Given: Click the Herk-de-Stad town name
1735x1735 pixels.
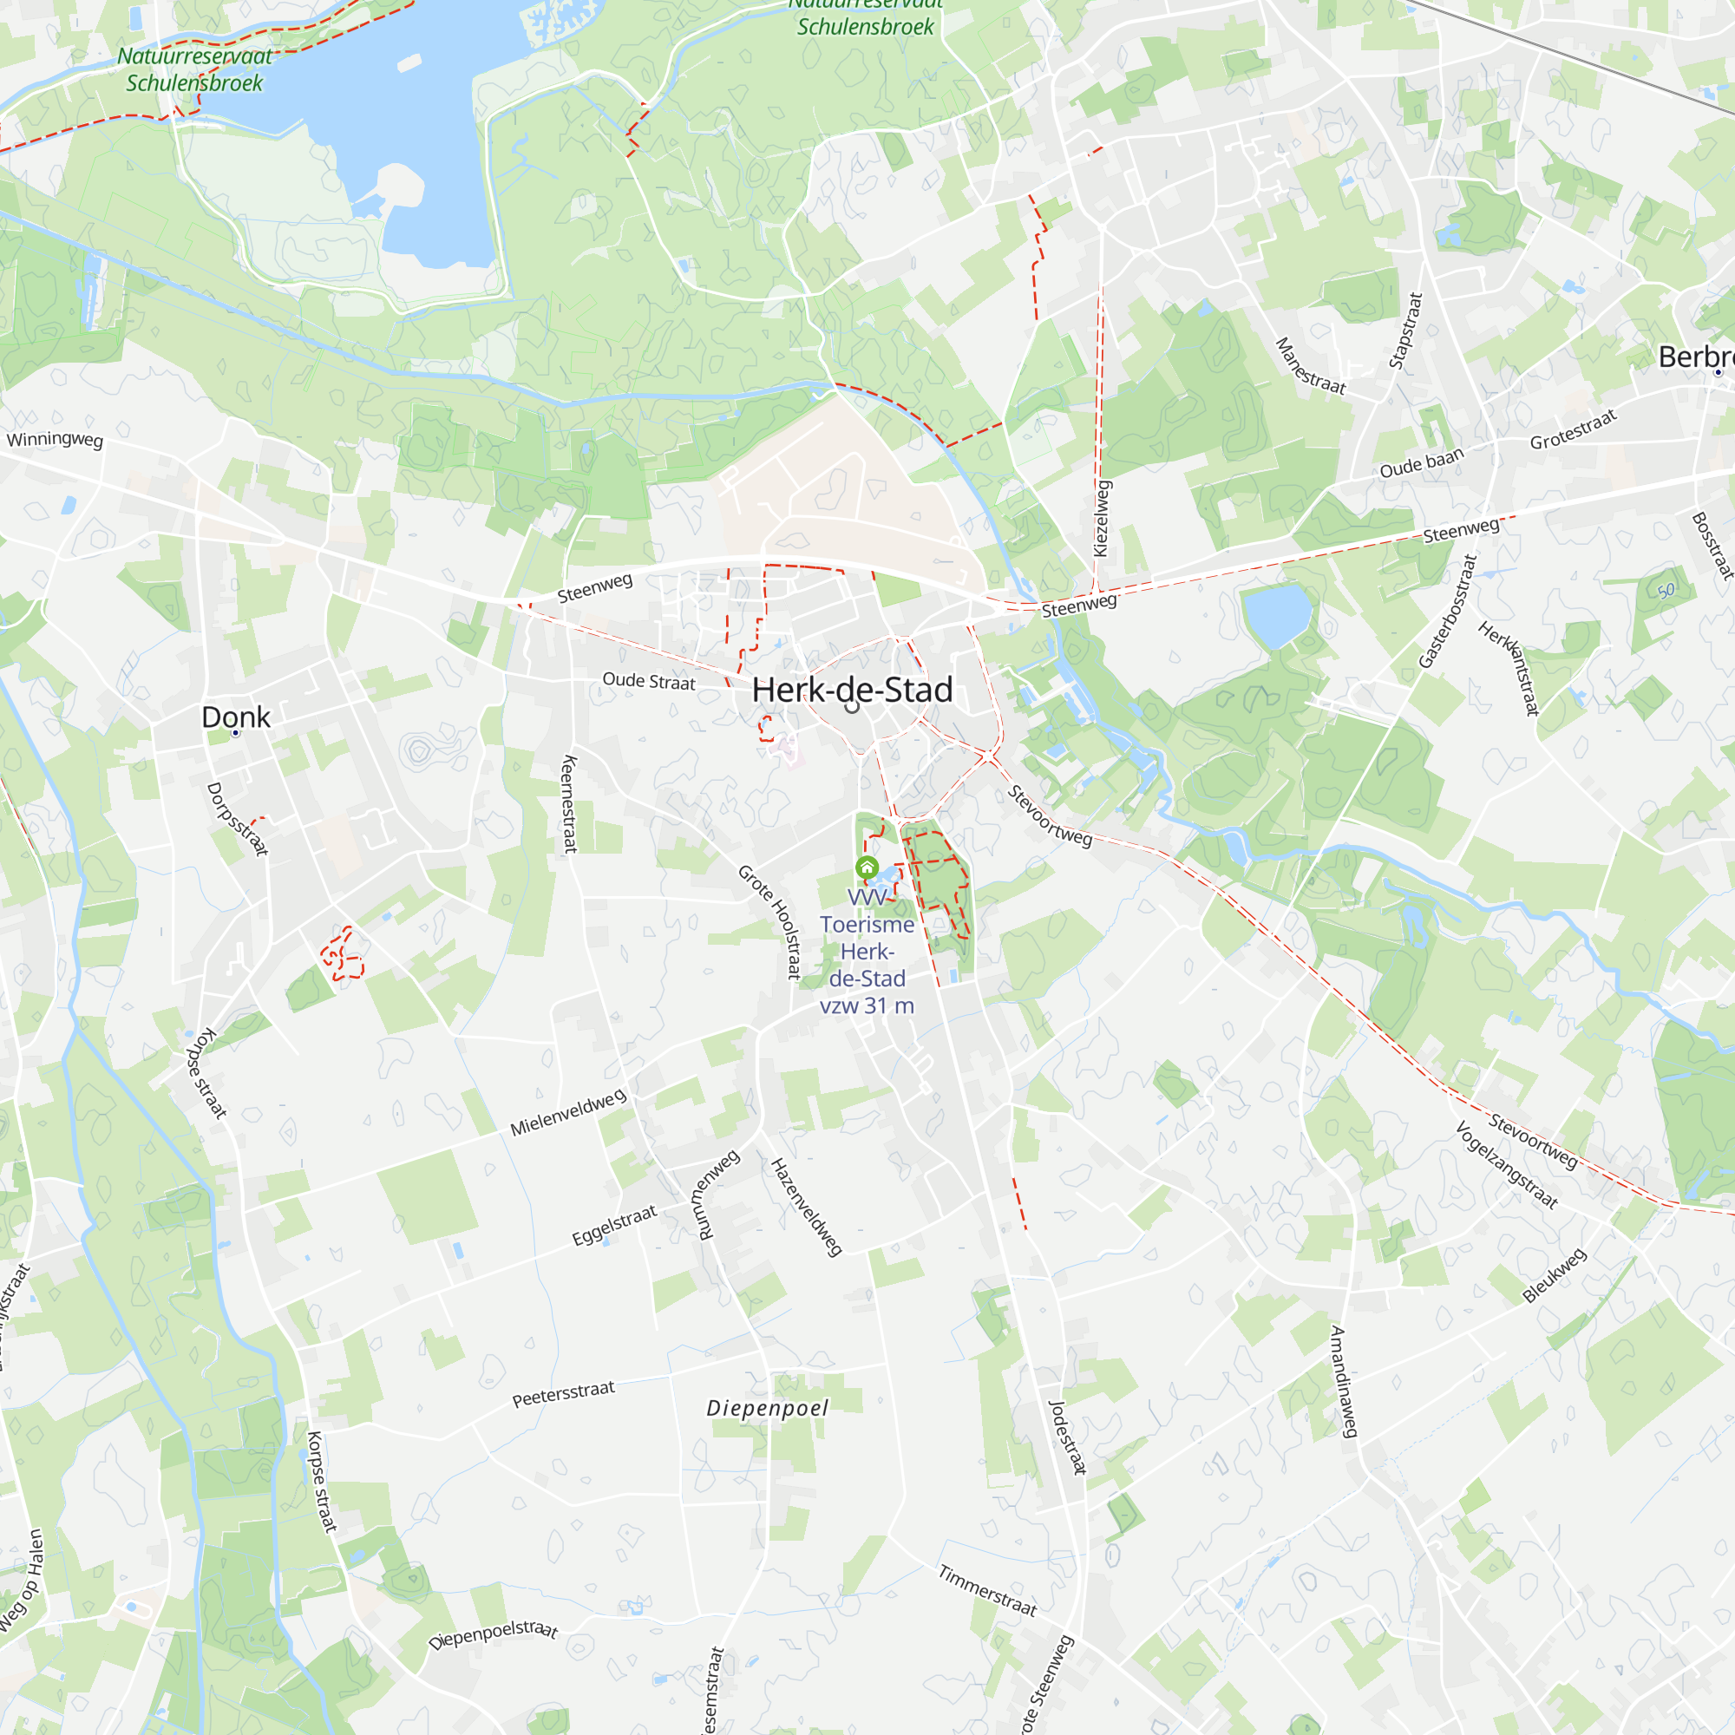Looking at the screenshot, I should (x=851, y=690).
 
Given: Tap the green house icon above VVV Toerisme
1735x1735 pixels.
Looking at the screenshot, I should (x=867, y=867).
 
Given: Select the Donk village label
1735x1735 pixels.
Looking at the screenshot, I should (x=235, y=717).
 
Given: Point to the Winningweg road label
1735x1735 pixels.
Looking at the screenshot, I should (x=55, y=439).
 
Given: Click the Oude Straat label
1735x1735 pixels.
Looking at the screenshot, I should (x=648, y=681).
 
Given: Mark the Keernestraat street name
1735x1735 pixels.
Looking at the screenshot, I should (x=569, y=804).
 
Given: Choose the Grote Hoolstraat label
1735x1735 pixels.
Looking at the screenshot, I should (x=771, y=921).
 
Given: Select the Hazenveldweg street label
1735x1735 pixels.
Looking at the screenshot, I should (x=807, y=1207).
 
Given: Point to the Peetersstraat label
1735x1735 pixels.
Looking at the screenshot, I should (x=563, y=1394).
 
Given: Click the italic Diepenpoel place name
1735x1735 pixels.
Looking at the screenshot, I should (x=767, y=1408).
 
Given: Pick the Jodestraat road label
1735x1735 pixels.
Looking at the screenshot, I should (x=1068, y=1437).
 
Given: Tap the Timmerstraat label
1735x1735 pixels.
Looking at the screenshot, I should (x=987, y=1590).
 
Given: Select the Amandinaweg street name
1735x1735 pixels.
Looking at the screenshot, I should (x=1343, y=1381).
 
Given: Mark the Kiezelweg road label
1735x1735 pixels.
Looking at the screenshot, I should (x=1102, y=518).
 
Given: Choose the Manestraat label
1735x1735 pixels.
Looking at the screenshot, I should (x=1311, y=365).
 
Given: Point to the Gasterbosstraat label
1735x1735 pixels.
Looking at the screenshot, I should (x=1447, y=612).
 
